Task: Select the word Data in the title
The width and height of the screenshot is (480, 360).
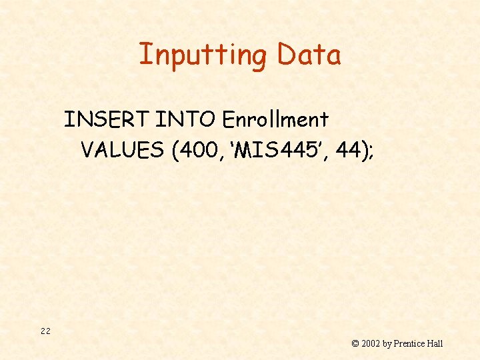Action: (x=309, y=55)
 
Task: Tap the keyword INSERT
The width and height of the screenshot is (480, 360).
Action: (x=106, y=120)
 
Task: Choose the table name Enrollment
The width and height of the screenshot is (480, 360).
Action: (x=275, y=120)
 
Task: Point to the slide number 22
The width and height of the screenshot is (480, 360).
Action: (x=45, y=331)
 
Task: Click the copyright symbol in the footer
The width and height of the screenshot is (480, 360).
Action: (x=355, y=344)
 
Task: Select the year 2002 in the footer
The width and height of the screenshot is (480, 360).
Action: (x=371, y=344)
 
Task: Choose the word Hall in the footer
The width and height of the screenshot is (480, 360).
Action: (x=435, y=344)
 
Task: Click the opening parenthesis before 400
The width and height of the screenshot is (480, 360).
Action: (x=175, y=151)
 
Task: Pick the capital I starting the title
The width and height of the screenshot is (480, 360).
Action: (x=142, y=55)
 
